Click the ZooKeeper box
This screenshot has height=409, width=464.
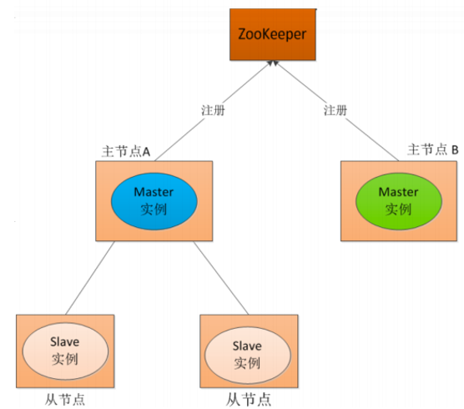tap(273, 34)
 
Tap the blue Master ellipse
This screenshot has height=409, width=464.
tap(154, 201)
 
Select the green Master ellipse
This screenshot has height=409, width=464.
tap(399, 201)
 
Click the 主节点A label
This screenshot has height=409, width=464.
tap(126, 151)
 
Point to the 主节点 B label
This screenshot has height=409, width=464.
tap(433, 149)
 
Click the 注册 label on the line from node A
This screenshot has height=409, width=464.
tap(213, 110)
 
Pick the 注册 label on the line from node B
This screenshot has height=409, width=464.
tap(335, 110)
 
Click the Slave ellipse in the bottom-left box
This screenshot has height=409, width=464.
tap(65, 351)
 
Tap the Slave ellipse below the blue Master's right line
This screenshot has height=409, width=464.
tap(248, 355)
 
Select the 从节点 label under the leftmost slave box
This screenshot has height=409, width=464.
tap(65, 399)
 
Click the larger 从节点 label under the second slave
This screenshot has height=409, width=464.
tap(249, 400)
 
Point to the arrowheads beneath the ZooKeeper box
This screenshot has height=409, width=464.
tap(273, 63)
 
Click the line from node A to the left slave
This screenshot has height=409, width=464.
tap(90, 278)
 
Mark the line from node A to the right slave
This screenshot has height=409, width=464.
tap(221, 278)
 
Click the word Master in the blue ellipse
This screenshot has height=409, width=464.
tap(154, 192)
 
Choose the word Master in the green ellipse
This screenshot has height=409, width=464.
tap(398, 192)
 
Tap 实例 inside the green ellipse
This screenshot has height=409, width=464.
tap(398, 210)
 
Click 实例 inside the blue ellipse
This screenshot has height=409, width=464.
tap(154, 210)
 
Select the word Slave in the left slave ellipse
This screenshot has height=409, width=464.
tap(65, 342)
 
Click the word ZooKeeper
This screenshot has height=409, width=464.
tap(272, 34)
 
